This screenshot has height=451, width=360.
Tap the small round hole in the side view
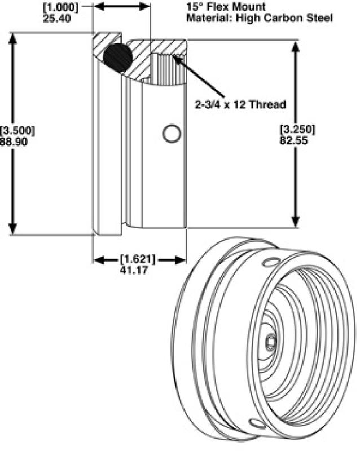[x=171, y=134]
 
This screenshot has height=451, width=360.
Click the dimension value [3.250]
[x=297, y=129]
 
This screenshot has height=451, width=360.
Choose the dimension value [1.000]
[x=60, y=6]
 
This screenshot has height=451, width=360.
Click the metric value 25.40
[x=56, y=17]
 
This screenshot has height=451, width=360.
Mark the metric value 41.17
[x=138, y=269]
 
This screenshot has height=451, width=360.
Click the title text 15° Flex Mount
[x=219, y=8]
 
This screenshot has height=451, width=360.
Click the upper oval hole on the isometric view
[x=272, y=260]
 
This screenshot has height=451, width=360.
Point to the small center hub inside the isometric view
[x=270, y=341]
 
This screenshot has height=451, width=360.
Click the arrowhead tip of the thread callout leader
[x=176, y=56]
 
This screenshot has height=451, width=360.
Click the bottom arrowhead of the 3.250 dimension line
[x=296, y=225]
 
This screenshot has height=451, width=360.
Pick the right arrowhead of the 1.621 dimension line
[x=183, y=259]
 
